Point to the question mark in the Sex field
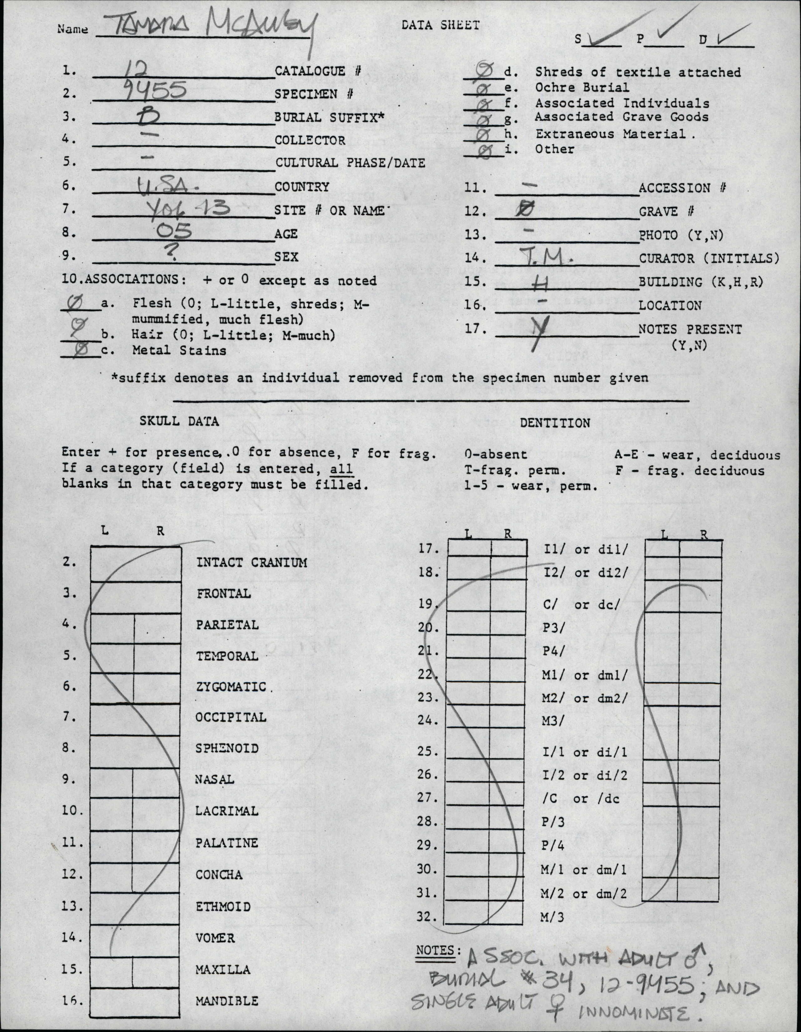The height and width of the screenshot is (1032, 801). tap(173, 255)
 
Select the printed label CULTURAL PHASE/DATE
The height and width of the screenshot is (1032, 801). tap(350, 163)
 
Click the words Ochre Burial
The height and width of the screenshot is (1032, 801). tap(582, 87)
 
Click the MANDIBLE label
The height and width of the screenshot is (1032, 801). tap(227, 1001)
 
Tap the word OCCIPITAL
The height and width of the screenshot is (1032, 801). tap(231, 717)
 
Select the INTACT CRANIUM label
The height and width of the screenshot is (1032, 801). tap(251, 562)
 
